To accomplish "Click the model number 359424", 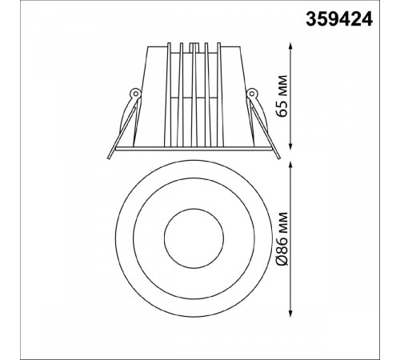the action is click(339, 19).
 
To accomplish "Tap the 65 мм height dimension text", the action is click(282, 96).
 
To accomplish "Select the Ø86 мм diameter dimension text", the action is click(282, 238).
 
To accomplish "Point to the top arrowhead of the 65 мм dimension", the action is click(290, 46).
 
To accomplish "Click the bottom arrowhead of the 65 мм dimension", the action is click(290, 146).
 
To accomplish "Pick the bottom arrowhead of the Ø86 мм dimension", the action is click(290, 313).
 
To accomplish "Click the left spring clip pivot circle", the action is click(135, 94).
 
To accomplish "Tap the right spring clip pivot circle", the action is click(251, 94).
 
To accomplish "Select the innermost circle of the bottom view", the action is click(194, 209).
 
